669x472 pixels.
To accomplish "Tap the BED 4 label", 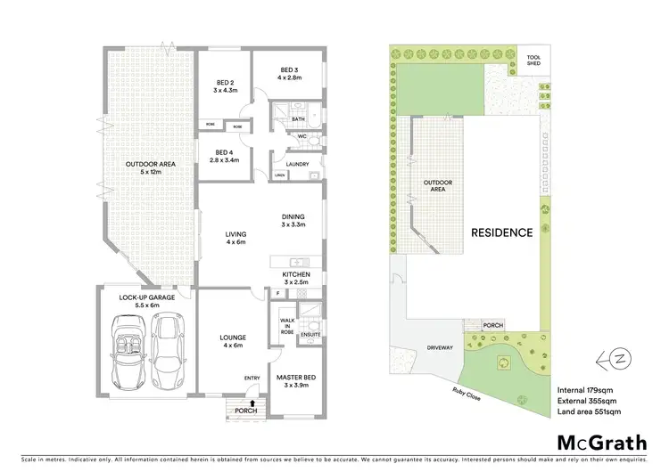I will pyautogui.click(x=223, y=152).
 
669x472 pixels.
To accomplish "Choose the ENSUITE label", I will pyautogui.click(x=309, y=335).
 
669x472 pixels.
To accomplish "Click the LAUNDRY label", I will pyautogui.click(x=296, y=164).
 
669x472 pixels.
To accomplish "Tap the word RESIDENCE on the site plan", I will pyautogui.click(x=503, y=232).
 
